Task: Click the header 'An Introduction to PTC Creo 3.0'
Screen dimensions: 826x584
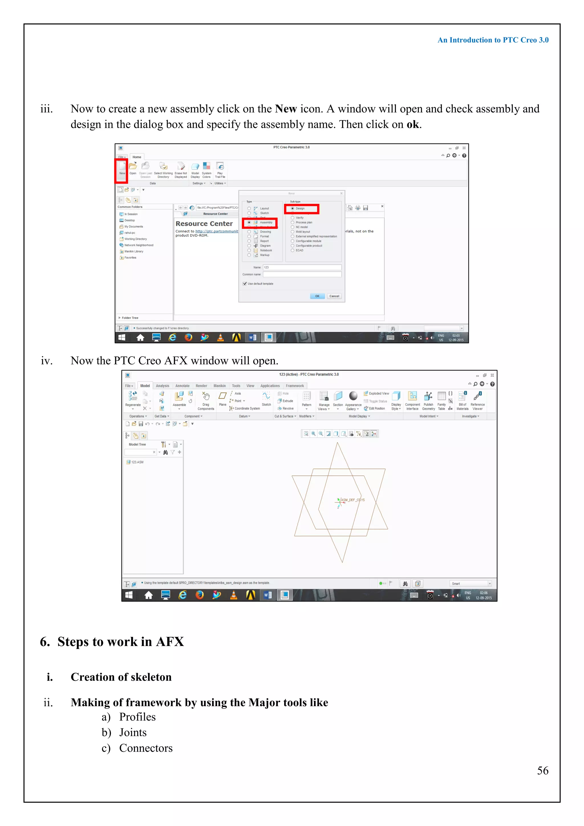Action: coord(493,40)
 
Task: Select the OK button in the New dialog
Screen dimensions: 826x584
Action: coord(317,296)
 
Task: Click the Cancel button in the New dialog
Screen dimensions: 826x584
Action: coord(334,296)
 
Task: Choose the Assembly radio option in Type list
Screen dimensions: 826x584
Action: coord(249,222)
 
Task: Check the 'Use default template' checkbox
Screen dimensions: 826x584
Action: coord(245,284)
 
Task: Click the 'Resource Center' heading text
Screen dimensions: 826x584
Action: coord(204,223)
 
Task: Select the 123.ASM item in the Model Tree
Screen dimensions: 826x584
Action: coord(137,462)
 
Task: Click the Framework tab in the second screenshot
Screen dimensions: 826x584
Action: coord(295,386)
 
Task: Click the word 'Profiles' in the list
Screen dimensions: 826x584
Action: coord(137,717)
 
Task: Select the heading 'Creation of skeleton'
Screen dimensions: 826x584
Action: coord(121,677)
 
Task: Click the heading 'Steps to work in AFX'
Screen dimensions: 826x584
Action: coord(120,642)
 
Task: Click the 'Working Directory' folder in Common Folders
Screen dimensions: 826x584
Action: coord(135,239)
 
